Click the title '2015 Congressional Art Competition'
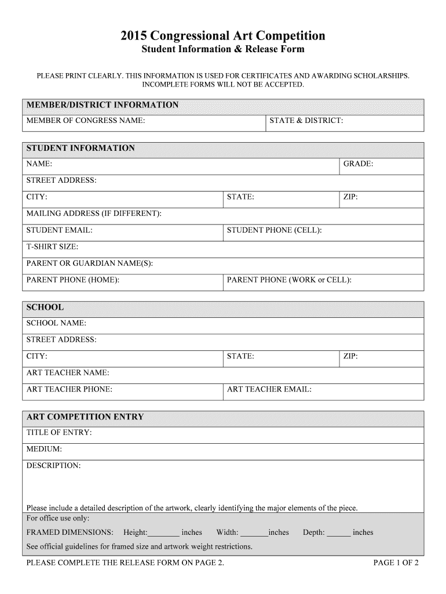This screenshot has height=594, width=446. pos(223,36)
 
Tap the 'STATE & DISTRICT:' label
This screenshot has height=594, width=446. pos(306,121)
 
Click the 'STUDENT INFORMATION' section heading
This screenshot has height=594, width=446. pos(81,148)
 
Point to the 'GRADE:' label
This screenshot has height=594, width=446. pos(359,164)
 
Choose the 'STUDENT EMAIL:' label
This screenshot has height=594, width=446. pos(60,230)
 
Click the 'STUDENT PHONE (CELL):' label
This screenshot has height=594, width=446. pos(275,230)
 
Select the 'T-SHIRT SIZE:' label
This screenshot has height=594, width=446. pos(52,247)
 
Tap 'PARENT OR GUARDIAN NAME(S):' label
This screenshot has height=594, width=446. pos(90,263)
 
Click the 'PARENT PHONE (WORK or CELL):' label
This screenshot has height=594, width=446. pos(289,280)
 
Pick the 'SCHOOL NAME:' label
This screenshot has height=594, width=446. pos(56,323)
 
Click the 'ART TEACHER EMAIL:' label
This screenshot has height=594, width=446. pos(269,389)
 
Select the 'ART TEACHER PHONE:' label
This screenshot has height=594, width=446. pos(70,389)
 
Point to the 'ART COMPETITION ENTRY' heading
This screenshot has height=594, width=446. pos(85,417)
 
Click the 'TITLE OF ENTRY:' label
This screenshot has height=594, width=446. pos(59,432)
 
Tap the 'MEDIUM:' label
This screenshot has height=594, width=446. pos(44,449)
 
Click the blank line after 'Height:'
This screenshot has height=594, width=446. pos(163,533)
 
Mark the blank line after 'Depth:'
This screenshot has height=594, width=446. pos(339,533)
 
